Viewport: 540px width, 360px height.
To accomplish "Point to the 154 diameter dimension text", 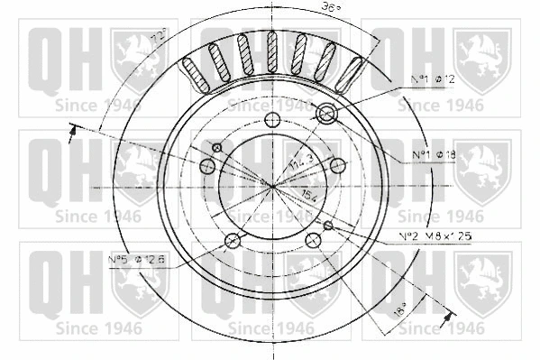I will [x=307, y=197].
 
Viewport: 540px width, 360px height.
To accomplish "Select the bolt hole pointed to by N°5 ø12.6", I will [x=233, y=241].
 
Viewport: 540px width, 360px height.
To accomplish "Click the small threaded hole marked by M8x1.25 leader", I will [x=328, y=224].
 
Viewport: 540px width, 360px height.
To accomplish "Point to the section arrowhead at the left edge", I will [x=71, y=134].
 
